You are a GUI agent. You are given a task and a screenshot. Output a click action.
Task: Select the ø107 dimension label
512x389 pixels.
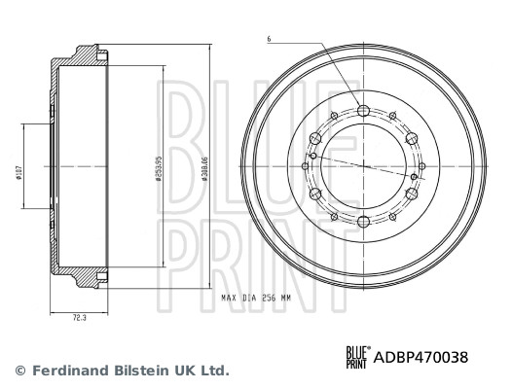click(19, 173)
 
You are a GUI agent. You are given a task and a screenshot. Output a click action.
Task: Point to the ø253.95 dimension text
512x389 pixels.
click(158, 170)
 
